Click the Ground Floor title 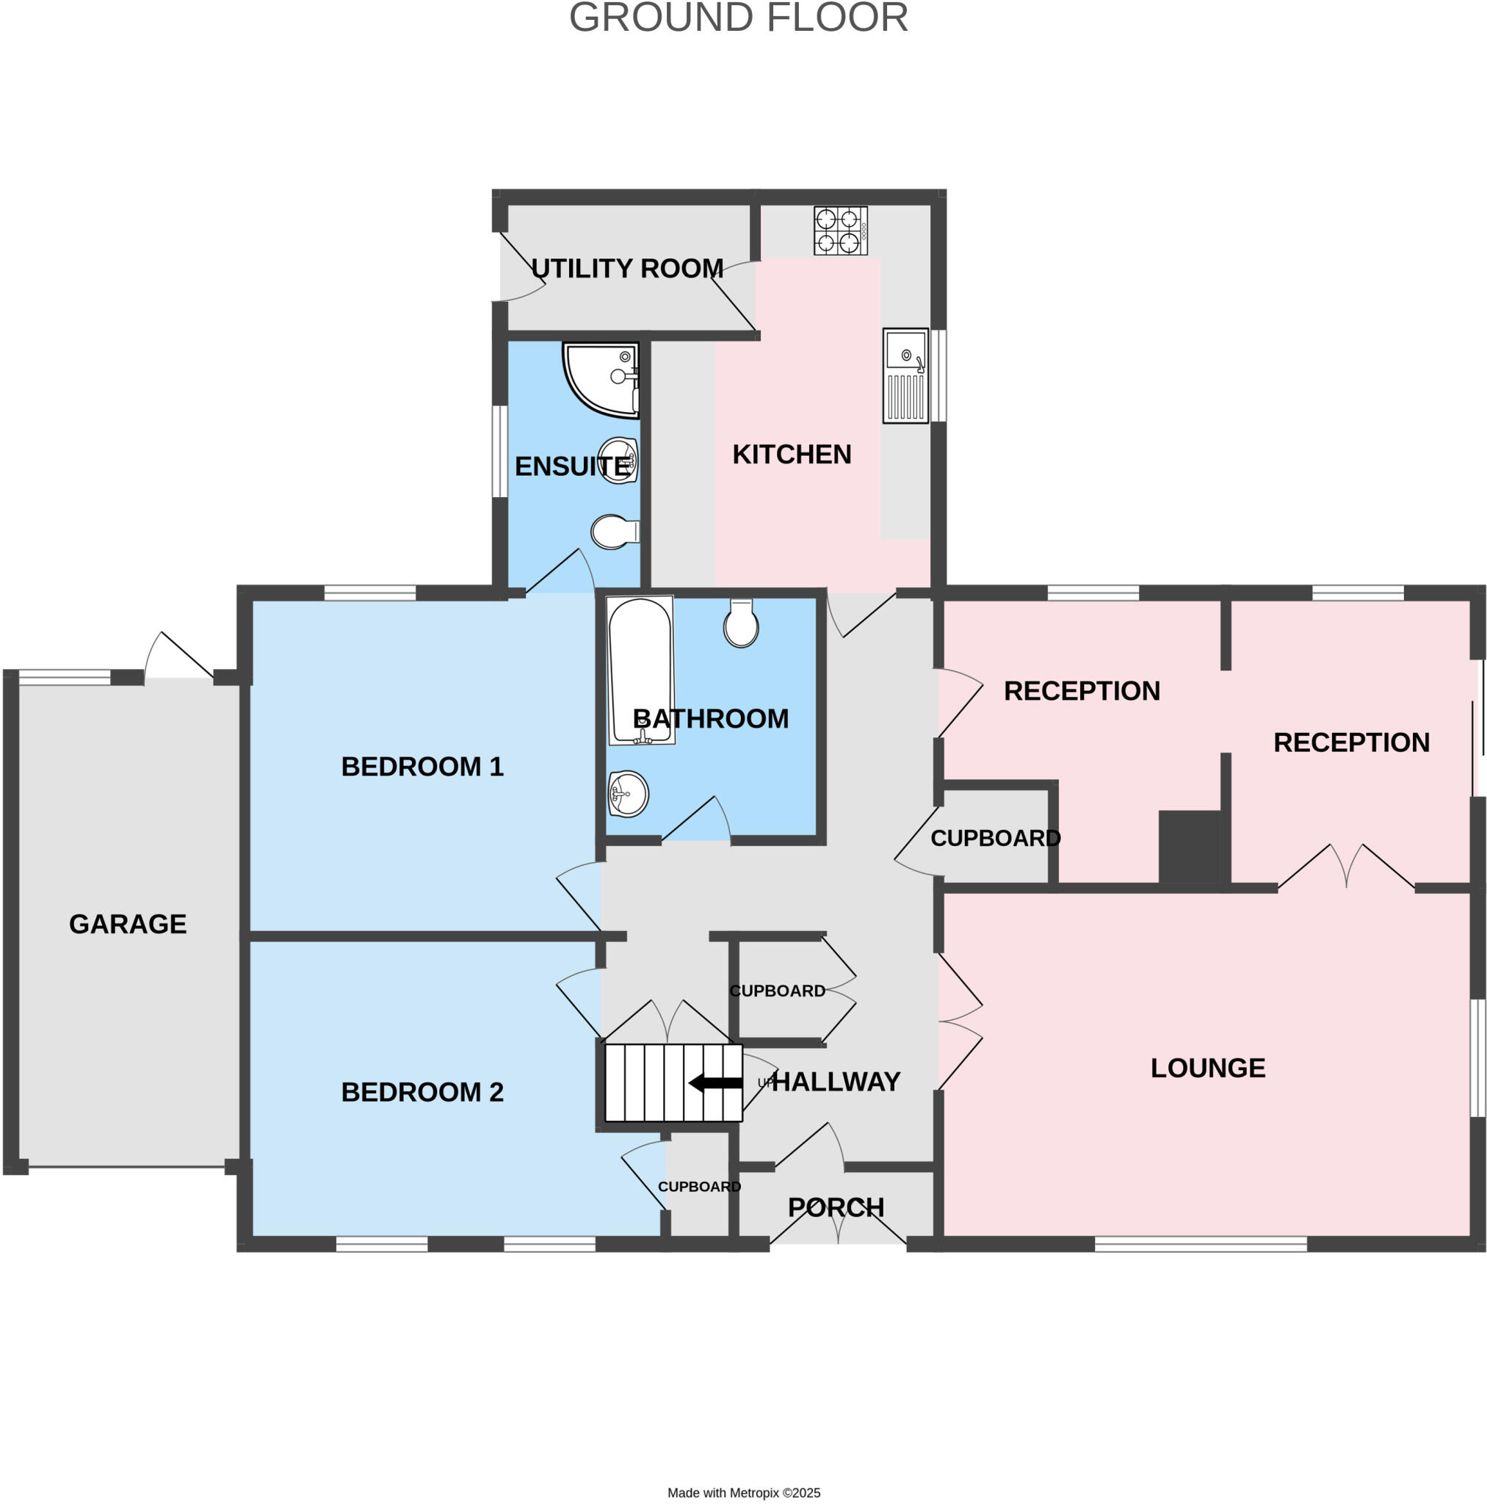click(738, 18)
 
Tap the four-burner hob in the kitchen click(840, 231)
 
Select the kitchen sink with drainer click(905, 375)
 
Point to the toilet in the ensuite click(613, 532)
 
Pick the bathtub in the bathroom click(640, 670)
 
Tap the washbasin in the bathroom click(628, 794)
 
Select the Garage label click(128, 924)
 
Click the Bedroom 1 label click(422, 767)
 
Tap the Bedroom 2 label click(422, 1092)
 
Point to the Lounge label click(1207, 1068)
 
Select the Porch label click(836, 1207)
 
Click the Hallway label click(836, 1081)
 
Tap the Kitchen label click(792, 455)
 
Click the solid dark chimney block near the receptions click(1189, 847)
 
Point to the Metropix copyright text click(743, 1492)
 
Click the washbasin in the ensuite click(618, 460)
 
